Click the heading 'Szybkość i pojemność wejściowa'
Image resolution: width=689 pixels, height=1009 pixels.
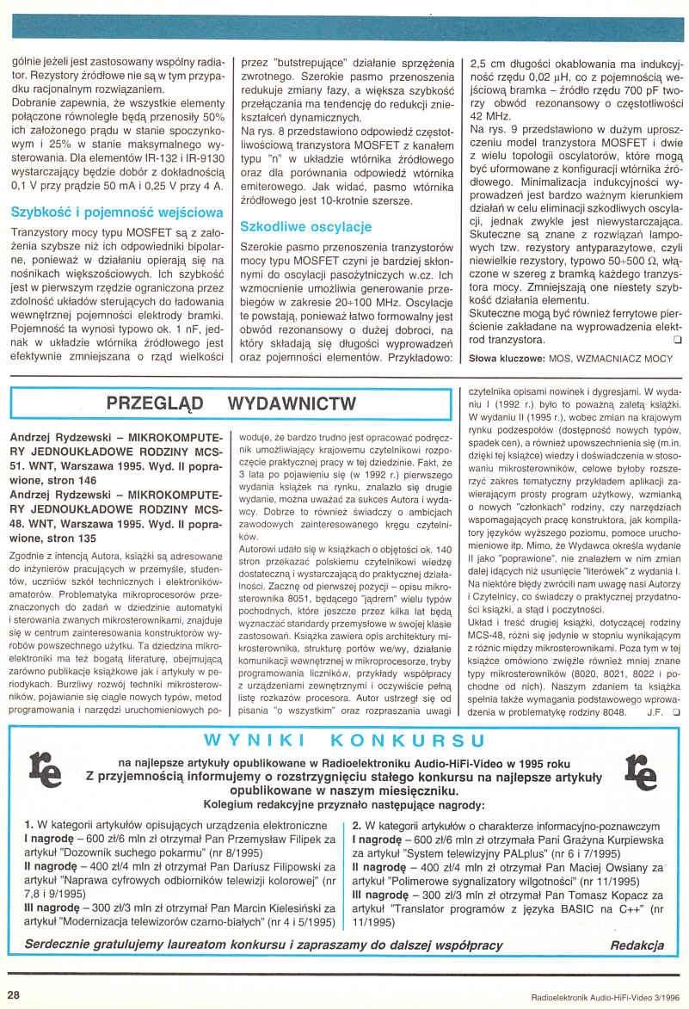(117, 212)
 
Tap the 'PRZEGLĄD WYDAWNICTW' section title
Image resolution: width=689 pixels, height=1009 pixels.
(230, 403)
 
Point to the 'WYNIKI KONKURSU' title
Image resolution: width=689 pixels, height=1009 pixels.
(345, 740)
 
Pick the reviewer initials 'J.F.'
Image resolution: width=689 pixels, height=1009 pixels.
(655, 712)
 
